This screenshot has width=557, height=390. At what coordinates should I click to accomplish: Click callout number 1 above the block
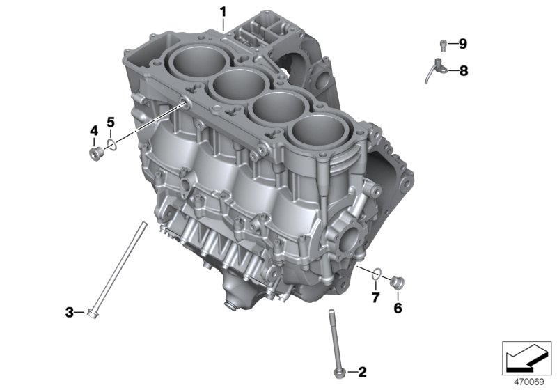pos(223,12)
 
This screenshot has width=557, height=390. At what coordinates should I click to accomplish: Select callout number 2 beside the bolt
pos(362,372)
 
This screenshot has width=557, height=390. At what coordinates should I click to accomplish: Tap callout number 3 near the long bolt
pos(69,313)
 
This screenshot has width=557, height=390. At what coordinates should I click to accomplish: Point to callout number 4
pos(94,131)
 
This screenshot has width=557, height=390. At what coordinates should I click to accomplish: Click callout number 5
pos(111,123)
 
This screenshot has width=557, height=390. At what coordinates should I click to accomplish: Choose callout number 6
pos(398,308)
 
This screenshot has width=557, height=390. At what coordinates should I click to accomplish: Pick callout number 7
pos(376,297)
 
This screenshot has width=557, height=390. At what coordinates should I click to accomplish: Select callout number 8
pos(464,71)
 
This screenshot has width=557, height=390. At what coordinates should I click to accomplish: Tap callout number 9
pos(462,44)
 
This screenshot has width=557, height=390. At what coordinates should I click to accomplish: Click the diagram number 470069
pos(529,382)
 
